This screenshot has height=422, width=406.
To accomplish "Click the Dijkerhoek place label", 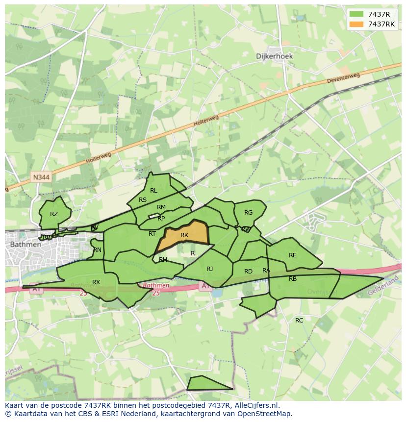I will pyautogui.click(x=274, y=56).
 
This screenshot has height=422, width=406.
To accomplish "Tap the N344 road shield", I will pyautogui.click(x=42, y=177).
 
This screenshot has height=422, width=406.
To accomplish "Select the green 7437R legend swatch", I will pyautogui.click(x=356, y=14).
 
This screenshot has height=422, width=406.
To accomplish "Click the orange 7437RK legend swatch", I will pyautogui.click(x=356, y=24).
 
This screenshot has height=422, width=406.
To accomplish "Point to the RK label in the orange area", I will pyautogui.click(x=184, y=235).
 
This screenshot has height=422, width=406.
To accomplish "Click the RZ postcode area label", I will pyautogui.click(x=54, y=214).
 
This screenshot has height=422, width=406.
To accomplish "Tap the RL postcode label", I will pyautogui.click(x=153, y=191).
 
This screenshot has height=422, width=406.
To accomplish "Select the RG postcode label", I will pyautogui.click(x=249, y=213).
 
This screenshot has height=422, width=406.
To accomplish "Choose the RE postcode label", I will pyautogui.click(x=293, y=255).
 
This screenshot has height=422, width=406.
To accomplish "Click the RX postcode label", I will pyautogui.click(x=96, y=282).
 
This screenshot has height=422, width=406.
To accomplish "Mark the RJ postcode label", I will pyautogui.click(x=209, y=269).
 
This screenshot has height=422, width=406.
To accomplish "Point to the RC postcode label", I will pyautogui.click(x=299, y=321).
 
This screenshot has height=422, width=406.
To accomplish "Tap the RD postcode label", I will pyautogui.click(x=248, y=272).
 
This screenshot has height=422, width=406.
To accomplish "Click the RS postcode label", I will pyautogui.click(x=143, y=200).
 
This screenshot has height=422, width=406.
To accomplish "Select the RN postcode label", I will pyautogui.click(x=98, y=250).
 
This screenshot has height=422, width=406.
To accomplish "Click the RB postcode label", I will pyautogui.click(x=293, y=279).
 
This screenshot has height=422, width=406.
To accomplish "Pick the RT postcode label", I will pyautogui.click(x=152, y=234).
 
